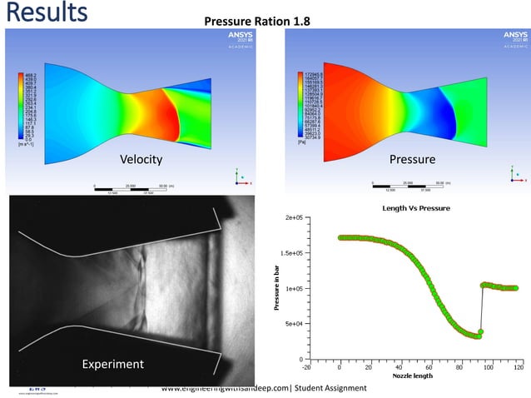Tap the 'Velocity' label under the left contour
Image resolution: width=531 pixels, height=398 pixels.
(141, 159)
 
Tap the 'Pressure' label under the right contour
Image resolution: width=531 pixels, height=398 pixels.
(412, 159)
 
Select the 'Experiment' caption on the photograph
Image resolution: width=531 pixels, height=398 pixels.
(112, 364)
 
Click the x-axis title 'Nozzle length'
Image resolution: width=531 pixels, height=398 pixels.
(414, 375)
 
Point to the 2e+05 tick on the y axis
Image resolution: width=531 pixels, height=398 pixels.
(292, 218)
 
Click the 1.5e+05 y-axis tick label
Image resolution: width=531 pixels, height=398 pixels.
(290, 253)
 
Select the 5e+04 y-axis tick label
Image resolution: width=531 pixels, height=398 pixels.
(292, 324)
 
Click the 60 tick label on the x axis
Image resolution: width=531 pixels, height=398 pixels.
(428, 366)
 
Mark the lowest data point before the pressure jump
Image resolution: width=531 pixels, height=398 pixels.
(479, 336)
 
